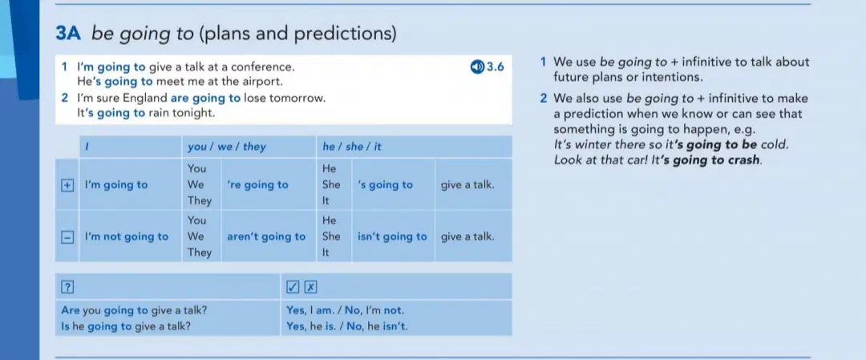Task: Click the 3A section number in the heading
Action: click(68, 34)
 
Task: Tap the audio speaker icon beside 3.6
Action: click(477, 67)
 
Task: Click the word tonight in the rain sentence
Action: click(195, 113)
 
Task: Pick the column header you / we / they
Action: click(226, 147)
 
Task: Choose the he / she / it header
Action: click(352, 147)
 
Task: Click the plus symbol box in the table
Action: click(67, 185)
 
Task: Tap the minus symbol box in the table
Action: click(67, 237)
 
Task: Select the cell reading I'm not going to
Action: click(127, 237)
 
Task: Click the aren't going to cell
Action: click(266, 237)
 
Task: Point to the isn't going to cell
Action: click(392, 237)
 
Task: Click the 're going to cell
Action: click(257, 185)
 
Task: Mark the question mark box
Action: click(67, 287)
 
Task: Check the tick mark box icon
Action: click(293, 287)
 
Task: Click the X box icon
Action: click(311, 287)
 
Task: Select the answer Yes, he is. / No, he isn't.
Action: click(347, 326)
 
